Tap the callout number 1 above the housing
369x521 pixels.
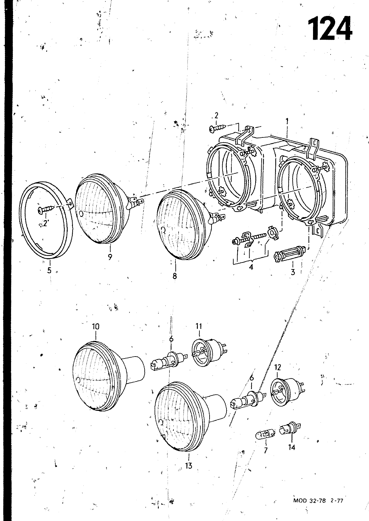pos(287,121)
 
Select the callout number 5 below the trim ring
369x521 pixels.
pos(49,270)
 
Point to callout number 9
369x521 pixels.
pos(110,257)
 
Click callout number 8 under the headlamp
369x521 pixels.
pos(175,276)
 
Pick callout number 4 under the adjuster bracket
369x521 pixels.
pos(251,267)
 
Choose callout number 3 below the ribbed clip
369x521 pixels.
pos(293,272)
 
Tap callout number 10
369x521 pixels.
pos(96,327)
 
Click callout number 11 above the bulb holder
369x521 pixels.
pos(199,326)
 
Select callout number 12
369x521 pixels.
pos(278,367)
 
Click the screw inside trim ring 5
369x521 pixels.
pos(45,210)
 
